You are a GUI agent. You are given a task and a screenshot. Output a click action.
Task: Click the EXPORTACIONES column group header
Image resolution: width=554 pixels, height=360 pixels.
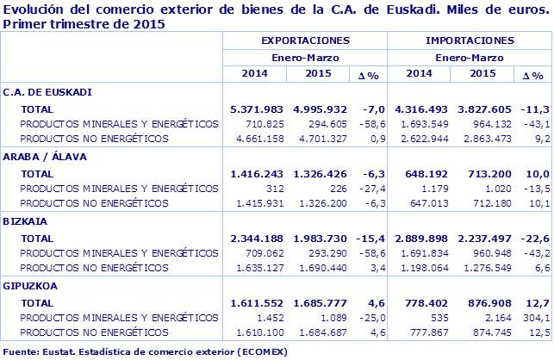pos(305,40)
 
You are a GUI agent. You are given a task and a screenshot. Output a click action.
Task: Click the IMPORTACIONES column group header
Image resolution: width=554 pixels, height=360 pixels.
pos(470,40)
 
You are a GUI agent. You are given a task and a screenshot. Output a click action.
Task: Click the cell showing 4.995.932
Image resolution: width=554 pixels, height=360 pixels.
pos(321,109)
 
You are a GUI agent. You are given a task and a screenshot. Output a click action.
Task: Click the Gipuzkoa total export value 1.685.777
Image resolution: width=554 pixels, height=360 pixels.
pos(321,302)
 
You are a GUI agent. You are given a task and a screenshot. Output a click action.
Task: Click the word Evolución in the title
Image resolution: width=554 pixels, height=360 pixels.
pos(33,9)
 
